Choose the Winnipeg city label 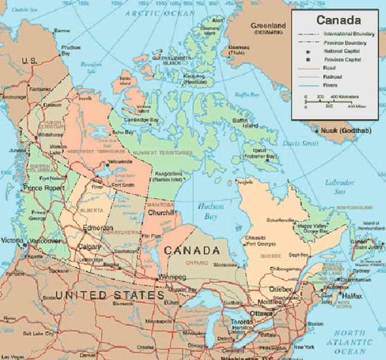click(172, 277)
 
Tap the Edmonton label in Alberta click(99, 228)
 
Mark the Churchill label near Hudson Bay click(161, 213)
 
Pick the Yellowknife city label click(135, 161)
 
